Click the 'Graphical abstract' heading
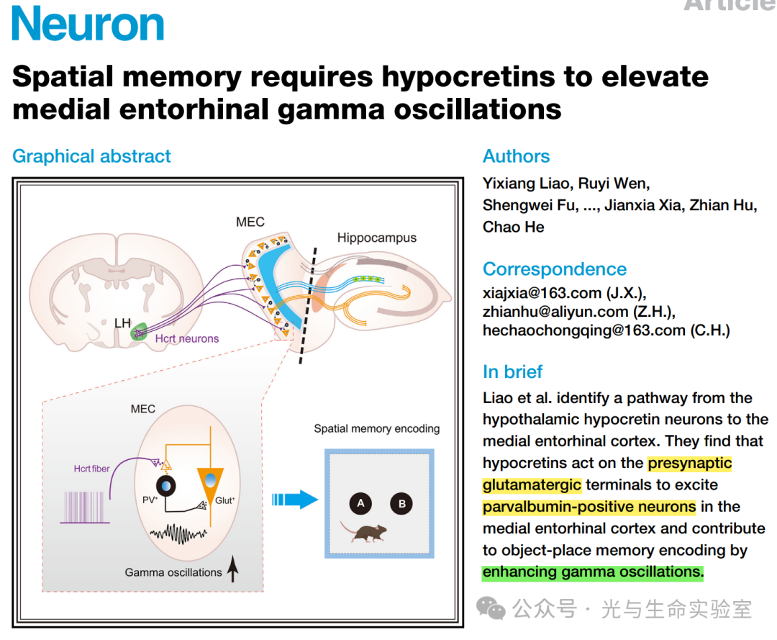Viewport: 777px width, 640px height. tap(91, 156)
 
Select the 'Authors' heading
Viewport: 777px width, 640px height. tap(516, 156)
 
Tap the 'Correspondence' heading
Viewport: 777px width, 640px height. tap(555, 269)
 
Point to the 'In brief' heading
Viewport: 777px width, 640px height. tap(512, 371)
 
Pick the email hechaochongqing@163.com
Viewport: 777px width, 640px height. tap(583, 330)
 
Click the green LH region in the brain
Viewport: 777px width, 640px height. tap(139, 332)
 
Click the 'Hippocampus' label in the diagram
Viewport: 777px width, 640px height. tap(376, 238)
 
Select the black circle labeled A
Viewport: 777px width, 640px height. tap(360, 504)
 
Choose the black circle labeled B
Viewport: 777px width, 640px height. tap(401, 504)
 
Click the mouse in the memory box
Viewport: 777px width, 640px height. tap(365, 533)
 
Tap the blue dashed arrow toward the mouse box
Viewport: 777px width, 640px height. tap(294, 499)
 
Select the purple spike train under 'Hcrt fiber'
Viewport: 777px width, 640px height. tap(86, 507)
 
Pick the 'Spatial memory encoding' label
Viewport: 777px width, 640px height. tap(376, 428)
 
